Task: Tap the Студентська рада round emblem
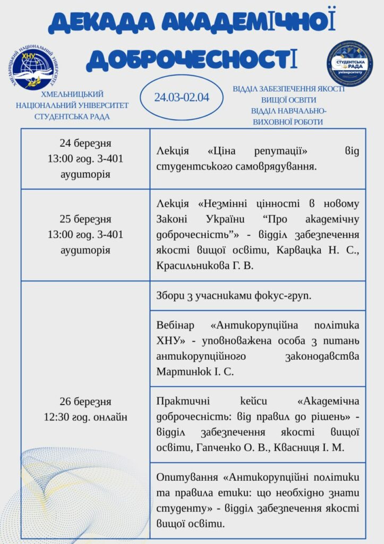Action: pos(349,63)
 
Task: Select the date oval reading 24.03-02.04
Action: pos(181,97)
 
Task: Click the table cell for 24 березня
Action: pos(86,158)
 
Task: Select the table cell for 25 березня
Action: pos(86,234)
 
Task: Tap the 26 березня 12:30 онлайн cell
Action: pos(86,409)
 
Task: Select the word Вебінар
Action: pos(176,325)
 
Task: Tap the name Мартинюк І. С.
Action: pos(195,371)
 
